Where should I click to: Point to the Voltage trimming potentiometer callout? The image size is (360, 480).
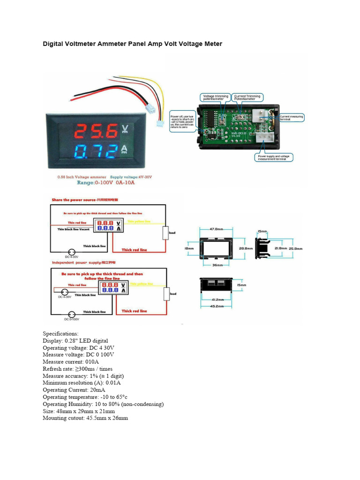(x=215, y=97)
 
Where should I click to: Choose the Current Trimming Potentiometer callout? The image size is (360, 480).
(x=248, y=97)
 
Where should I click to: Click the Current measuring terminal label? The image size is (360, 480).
(x=292, y=118)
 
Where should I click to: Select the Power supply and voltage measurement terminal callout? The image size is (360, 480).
(x=274, y=157)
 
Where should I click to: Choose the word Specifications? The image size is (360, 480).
(x=61, y=334)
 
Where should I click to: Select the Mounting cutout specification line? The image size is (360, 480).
(x=85, y=418)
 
